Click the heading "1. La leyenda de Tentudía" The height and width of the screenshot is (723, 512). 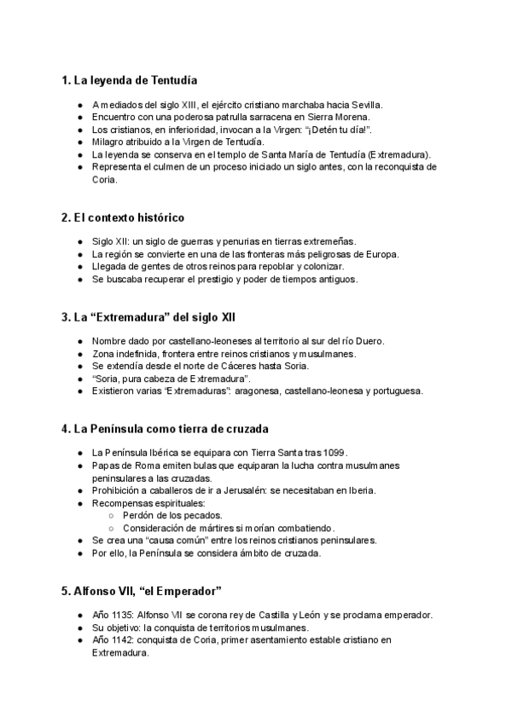click(130, 81)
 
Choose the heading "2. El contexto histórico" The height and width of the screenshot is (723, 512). click(123, 217)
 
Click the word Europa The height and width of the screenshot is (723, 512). click(382, 254)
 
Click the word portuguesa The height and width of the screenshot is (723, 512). click(398, 391)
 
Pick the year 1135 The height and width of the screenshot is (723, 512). click(125, 615)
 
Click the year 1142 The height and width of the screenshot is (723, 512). click(125, 639)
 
